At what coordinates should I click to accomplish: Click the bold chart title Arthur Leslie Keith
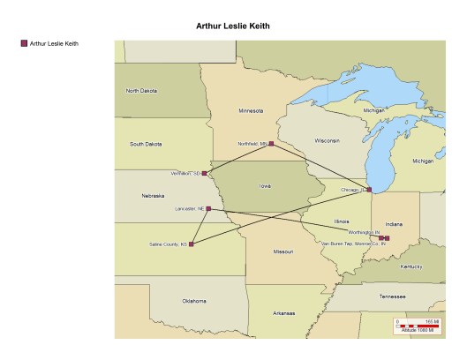click(233, 26)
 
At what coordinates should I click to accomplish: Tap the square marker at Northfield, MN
click(271, 144)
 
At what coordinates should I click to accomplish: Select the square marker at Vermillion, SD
click(204, 173)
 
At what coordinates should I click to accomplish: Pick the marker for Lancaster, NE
click(208, 209)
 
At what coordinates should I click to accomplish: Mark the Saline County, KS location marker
click(191, 244)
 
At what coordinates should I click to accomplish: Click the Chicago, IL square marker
click(369, 190)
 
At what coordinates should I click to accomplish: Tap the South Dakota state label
click(146, 144)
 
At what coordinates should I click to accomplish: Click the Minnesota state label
click(251, 111)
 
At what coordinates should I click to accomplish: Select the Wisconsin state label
click(327, 140)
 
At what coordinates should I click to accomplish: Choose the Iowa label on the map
click(265, 186)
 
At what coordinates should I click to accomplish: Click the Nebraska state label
click(153, 196)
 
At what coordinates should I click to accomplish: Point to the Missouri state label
click(283, 251)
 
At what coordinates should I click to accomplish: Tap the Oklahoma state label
click(194, 301)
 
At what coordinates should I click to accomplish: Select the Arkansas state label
click(284, 312)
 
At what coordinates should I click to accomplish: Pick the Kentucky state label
click(411, 266)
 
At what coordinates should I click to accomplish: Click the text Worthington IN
click(363, 233)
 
